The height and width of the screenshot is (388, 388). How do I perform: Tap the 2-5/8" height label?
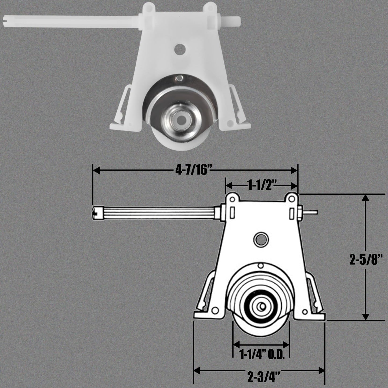coord(365,261)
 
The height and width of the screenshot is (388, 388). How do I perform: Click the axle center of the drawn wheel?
coord(260,306)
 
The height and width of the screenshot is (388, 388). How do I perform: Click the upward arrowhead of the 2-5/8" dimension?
coord(365,197)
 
